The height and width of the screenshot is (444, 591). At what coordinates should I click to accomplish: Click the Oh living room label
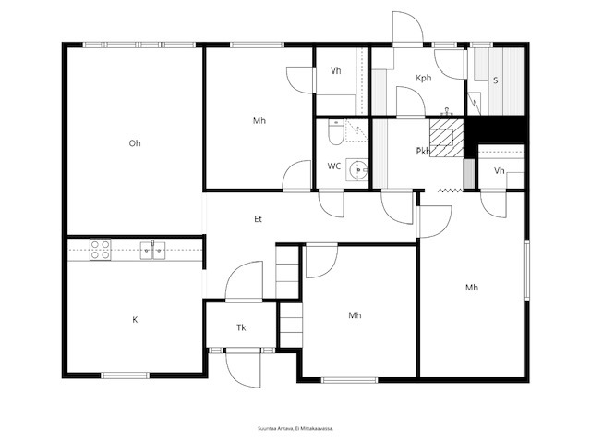pyautogui.click(x=135, y=143)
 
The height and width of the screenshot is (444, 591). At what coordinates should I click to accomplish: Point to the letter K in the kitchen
pyautogui.click(x=135, y=319)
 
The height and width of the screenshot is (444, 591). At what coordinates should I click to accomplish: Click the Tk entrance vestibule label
pyautogui.click(x=241, y=327)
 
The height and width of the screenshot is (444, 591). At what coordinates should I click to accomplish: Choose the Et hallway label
pyautogui.click(x=259, y=219)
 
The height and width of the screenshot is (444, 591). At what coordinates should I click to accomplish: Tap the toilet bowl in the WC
pyautogui.click(x=334, y=135)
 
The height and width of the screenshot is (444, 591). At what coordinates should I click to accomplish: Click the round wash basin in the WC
pyautogui.click(x=360, y=169)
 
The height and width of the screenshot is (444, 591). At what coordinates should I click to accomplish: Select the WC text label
pyautogui.click(x=334, y=166)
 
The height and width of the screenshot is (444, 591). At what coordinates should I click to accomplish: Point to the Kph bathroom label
pyautogui.click(x=424, y=79)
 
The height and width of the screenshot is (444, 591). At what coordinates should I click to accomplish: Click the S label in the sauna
pyautogui.click(x=495, y=80)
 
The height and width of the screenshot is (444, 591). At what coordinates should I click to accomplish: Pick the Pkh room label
pyautogui.click(x=423, y=151)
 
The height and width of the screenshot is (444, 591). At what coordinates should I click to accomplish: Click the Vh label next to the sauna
pyautogui.click(x=499, y=170)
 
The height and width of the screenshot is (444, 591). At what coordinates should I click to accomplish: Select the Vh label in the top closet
pyautogui.click(x=336, y=71)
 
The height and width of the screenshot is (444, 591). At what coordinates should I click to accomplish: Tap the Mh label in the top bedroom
pyautogui.click(x=259, y=121)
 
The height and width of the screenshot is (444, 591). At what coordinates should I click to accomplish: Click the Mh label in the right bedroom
pyautogui.click(x=472, y=288)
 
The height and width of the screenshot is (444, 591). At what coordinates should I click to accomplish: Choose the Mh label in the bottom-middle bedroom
pyautogui.click(x=355, y=316)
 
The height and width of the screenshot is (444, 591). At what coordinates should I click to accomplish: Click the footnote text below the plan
pyautogui.click(x=295, y=428)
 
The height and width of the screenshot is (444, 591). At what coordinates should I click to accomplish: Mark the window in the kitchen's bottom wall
pyautogui.click(x=125, y=375)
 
